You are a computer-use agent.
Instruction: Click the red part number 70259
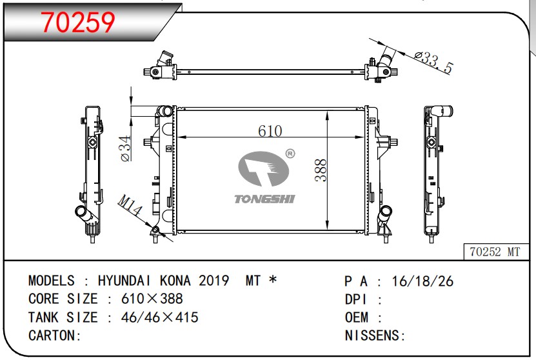[x=78, y=22]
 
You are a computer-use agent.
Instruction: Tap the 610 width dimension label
[x=270, y=131]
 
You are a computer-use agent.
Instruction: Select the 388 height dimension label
[x=321, y=170]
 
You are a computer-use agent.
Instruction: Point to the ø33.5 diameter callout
[x=433, y=63]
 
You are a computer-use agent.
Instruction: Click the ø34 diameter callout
[x=126, y=148]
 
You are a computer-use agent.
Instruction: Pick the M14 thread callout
[x=130, y=205]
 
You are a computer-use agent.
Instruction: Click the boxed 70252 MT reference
[x=495, y=252]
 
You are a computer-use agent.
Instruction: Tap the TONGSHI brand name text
[x=264, y=199]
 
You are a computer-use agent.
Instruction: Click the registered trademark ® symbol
[x=290, y=154]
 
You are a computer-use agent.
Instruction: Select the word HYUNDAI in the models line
[x=124, y=281]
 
